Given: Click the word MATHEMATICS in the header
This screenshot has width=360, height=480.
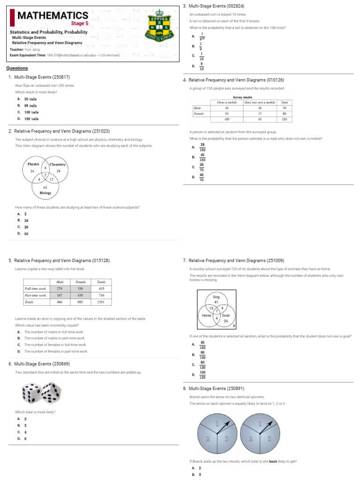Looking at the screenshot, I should click(52, 16).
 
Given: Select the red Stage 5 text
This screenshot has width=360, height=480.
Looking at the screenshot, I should click(79, 23).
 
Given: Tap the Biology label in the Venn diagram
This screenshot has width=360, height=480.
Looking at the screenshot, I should click(45, 193).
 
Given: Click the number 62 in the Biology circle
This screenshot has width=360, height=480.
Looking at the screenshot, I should click(45, 187).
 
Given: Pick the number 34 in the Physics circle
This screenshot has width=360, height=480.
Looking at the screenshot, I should click(32, 171).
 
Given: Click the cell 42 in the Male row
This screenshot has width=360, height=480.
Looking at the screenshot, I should click(227, 108).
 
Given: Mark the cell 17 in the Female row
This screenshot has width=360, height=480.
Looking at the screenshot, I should click(260, 113).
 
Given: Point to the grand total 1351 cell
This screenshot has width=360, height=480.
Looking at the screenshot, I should click(101, 302).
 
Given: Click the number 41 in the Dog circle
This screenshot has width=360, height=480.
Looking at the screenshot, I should click(216, 302).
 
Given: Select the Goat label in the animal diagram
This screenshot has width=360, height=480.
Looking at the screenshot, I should click(225, 315).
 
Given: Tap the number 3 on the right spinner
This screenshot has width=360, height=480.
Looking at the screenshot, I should click(269, 438).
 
